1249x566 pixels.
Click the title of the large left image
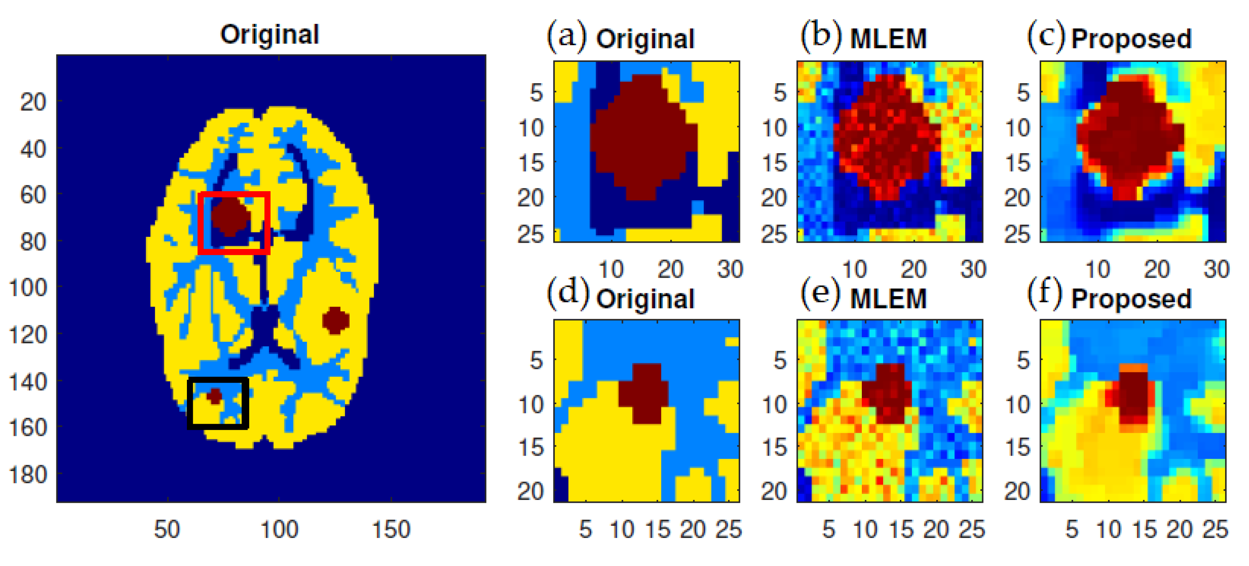pyautogui.click(x=270, y=35)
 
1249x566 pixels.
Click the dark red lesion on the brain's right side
pyautogui.click(x=335, y=320)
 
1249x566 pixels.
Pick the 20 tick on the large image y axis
pyautogui.click(x=33, y=102)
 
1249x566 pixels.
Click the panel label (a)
pyautogui.click(x=566, y=36)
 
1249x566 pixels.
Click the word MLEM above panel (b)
pyautogui.click(x=888, y=39)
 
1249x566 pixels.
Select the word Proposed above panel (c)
pyautogui.click(x=1131, y=39)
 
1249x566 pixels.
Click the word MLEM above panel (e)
pyautogui.click(x=888, y=298)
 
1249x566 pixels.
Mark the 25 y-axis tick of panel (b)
pyautogui.click(x=774, y=235)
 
